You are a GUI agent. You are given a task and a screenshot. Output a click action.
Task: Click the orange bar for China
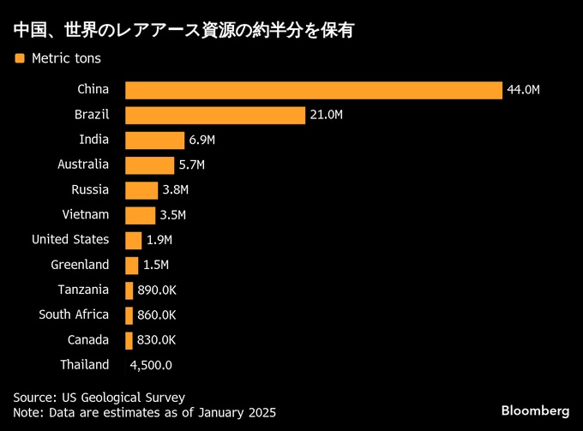click(x=313, y=90)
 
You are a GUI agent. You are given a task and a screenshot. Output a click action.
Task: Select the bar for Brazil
click(x=215, y=115)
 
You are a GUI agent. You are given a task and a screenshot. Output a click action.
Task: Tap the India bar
click(x=154, y=140)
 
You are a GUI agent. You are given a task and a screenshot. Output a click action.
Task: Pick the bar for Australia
click(x=150, y=165)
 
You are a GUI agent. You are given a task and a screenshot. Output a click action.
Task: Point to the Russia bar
click(x=141, y=189)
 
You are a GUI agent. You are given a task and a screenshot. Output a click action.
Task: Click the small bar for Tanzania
click(x=129, y=290)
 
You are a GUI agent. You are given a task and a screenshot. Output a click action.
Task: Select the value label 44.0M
click(x=524, y=90)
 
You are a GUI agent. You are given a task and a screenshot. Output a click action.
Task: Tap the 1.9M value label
click(x=159, y=240)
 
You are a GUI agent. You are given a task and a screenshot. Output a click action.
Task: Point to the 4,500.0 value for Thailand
click(x=151, y=365)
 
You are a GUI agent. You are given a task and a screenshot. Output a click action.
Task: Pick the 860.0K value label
click(x=156, y=315)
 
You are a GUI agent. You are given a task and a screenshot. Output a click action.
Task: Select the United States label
click(x=70, y=239)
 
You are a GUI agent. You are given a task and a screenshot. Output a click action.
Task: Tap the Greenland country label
click(x=80, y=265)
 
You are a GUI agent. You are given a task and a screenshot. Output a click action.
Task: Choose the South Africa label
click(x=74, y=314)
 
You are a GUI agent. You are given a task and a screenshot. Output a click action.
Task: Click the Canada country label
click(x=88, y=339)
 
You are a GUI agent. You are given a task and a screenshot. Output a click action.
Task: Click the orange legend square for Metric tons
click(x=19, y=58)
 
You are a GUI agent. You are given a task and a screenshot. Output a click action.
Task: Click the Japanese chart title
click(x=184, y=31)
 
